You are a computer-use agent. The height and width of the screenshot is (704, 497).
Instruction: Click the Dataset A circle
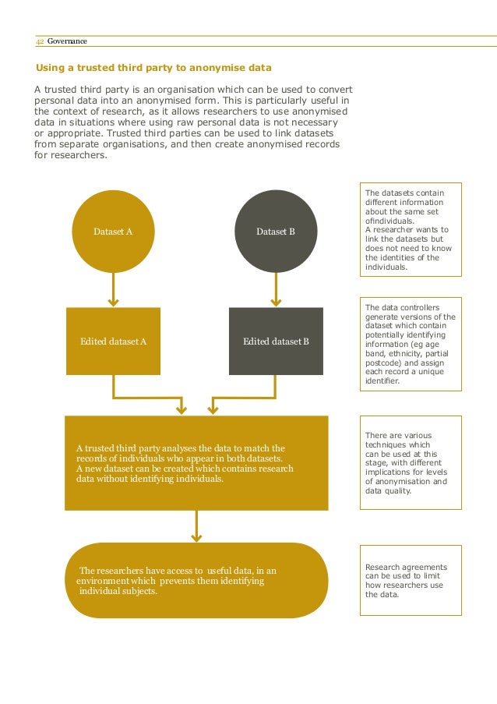[113, 232]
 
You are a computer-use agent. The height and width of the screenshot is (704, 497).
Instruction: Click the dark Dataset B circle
[276, 232]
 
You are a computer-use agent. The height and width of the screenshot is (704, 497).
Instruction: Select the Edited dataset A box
[114, 341]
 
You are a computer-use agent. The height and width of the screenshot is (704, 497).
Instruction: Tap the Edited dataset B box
[276, 341]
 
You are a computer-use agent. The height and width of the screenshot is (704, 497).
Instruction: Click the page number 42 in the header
[40, 41]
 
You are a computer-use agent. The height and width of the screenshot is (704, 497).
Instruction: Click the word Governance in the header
[67, 41]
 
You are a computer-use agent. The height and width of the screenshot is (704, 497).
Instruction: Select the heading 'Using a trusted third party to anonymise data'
[153, 68]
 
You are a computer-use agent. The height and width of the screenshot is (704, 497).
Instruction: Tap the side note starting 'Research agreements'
[411, 581]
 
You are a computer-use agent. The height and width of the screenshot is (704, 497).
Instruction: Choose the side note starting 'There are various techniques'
[411, 463]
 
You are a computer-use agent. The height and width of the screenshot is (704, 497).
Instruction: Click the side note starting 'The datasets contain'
[411, 229]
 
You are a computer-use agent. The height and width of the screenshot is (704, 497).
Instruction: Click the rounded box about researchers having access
[196, 581]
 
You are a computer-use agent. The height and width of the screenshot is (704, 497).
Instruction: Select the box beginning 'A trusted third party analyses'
[196, 463]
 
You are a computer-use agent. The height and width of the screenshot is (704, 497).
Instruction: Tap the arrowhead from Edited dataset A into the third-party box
[182, 408]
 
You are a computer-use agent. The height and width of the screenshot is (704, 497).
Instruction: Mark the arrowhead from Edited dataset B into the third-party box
[213, 408]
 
